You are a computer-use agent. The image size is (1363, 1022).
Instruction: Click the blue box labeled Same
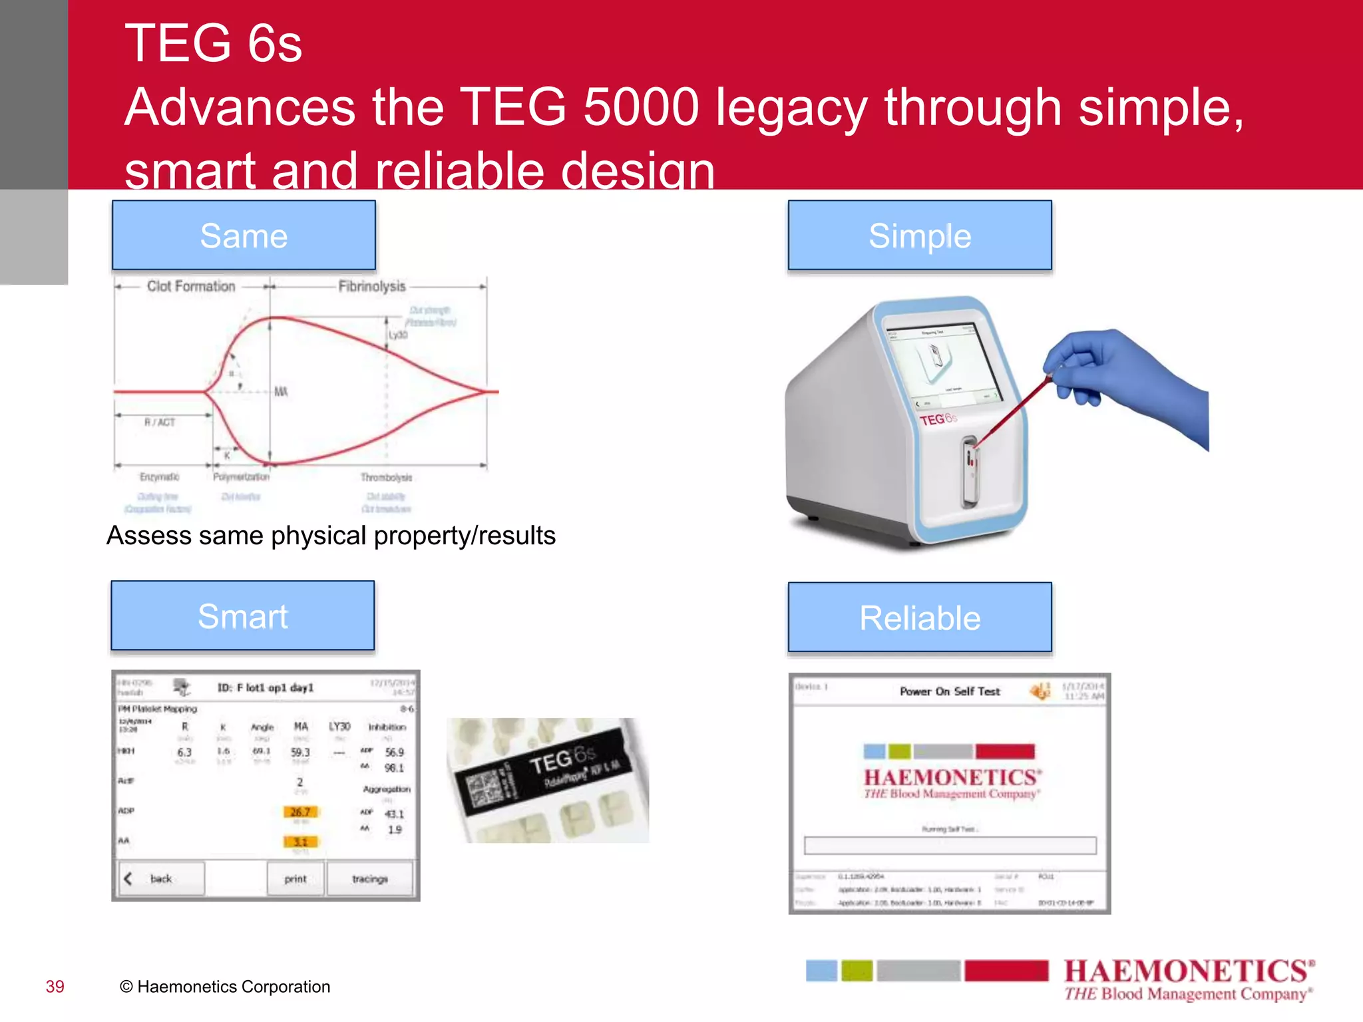pyautogui.click(x=244, y=236)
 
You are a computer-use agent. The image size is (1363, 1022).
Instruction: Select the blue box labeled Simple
pyautogui.click(x=920, y=236)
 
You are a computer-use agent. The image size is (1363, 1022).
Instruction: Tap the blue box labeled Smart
pyautogui.click(x=243, y=616)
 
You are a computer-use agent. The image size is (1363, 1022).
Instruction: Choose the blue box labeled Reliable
pyautogui.click(x=920, y=617)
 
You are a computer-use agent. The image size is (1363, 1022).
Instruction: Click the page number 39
pyautogui.click(x=55, y=986)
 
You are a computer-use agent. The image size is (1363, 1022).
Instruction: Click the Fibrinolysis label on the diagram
pyautogui.click(x=371, y=286)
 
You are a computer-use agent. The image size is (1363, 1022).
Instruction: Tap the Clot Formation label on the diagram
pyautogui.click(x=191, y=286)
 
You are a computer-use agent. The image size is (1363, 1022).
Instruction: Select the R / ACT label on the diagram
pyautogui.click(x=160, y=422)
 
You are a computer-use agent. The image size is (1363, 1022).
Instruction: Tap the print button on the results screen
pyautogui.click(x=295, y=878)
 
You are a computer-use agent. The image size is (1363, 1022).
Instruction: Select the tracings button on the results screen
pyautogui.click(x=370, y=878)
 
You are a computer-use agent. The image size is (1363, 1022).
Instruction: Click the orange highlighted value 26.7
pyautogui.click(x=300, y=812)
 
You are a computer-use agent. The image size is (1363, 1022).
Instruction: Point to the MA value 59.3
pyautogui.click(x=300, y=752)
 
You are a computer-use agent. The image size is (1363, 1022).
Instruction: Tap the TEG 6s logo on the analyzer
pyautogui.click(x=937, y=419)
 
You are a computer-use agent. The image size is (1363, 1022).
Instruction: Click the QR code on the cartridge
pyautogui.click(x=483, y=790)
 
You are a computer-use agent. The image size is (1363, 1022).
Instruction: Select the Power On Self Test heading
pyautogui.click(x=950, y=691)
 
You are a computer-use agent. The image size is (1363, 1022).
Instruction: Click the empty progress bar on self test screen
pyautogui.click(x=950, y=845)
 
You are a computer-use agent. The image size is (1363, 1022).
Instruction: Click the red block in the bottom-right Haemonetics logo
pyautogui.click(x=1006, y=970)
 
